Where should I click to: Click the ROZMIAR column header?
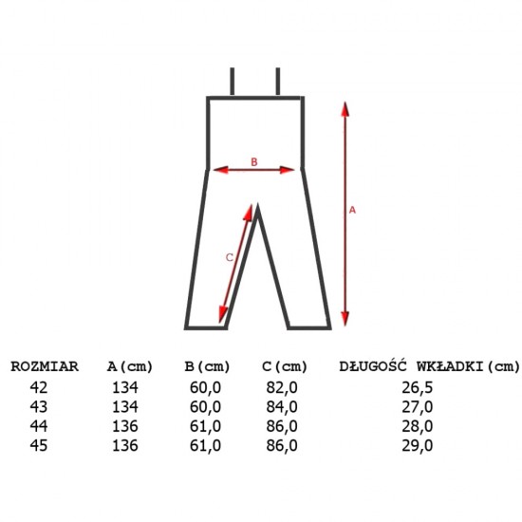[45, 366]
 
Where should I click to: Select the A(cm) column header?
[130, 366]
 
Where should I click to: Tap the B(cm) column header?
[208, 366]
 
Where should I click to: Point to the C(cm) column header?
[285, 366]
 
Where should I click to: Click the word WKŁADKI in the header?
[450, 366]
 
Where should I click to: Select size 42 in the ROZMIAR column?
[39, 387]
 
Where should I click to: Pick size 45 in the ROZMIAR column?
[39, 445]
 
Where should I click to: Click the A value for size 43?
[125, 407]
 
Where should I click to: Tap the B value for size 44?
[205, 426]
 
